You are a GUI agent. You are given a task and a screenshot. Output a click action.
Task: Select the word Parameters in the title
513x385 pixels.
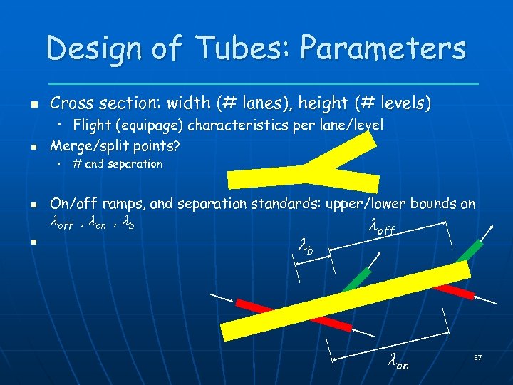click(383, 48)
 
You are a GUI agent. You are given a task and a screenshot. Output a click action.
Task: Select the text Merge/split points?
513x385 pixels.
click(115, 146)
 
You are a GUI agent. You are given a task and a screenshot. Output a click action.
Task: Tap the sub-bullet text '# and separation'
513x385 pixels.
click(118, 164)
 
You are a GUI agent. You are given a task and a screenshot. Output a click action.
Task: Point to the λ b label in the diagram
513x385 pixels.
click(304, 248)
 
